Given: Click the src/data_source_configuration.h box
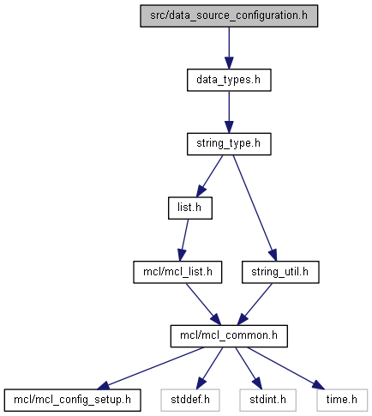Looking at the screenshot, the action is click(229, 16).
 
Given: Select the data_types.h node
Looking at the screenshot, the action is click(229, 80).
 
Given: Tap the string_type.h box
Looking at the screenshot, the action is click(229, 144).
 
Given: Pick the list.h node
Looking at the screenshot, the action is click(190, 208).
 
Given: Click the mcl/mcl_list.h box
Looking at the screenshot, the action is click(177, 272).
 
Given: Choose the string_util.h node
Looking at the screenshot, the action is click(280, 272).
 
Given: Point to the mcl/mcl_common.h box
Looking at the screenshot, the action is click(229, 336).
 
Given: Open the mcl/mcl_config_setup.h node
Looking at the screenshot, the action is click(72, 401).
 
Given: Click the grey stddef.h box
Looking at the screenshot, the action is click(190, 401).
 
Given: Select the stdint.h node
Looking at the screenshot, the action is click(267, 401).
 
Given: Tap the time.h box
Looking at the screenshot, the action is click(342, 401).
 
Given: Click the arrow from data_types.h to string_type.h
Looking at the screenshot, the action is click(229, 112).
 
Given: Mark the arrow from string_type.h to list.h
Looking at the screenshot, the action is click(209, 176).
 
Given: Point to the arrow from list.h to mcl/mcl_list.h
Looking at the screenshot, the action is click(183, 240).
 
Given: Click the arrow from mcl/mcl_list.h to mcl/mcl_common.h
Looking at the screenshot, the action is click(204, 304).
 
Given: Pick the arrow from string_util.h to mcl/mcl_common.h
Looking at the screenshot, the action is click(255, 304).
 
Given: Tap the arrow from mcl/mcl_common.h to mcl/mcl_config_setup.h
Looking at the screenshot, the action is click(151, 368).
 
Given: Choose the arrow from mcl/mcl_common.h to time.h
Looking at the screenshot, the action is click(286, 368).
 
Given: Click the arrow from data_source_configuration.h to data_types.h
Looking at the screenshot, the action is click(229, 48).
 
